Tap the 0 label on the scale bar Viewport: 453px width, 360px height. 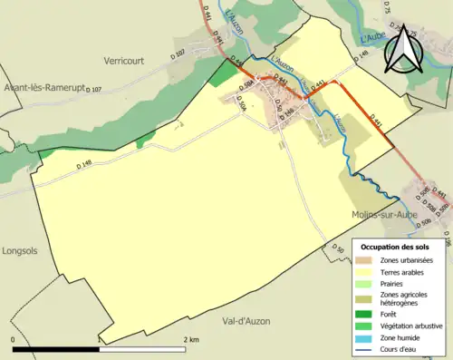[14, 339]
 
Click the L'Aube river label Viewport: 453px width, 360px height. [373, 38]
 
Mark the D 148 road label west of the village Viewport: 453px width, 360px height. [84, 165]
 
